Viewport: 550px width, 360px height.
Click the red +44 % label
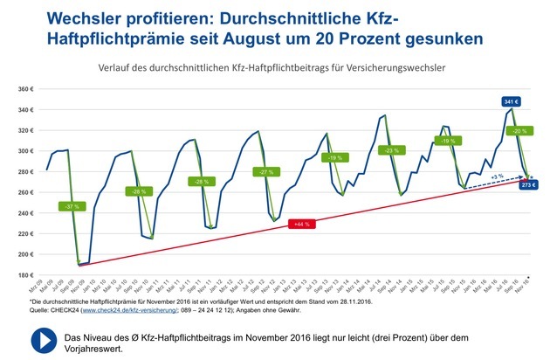[x=301, y=225]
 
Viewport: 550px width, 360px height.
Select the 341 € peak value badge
[x=511, y=101]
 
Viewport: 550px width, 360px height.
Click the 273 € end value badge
[x=528, y=185]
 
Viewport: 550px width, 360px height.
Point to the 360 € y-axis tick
[x=25, y=90]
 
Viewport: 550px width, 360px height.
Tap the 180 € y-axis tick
[x=25, y=275]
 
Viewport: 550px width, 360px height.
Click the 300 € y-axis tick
[x=25, y=152]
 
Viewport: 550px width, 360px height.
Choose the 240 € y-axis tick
[x=25, y=213]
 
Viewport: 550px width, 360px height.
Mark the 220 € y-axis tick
[x=25, y=234]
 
